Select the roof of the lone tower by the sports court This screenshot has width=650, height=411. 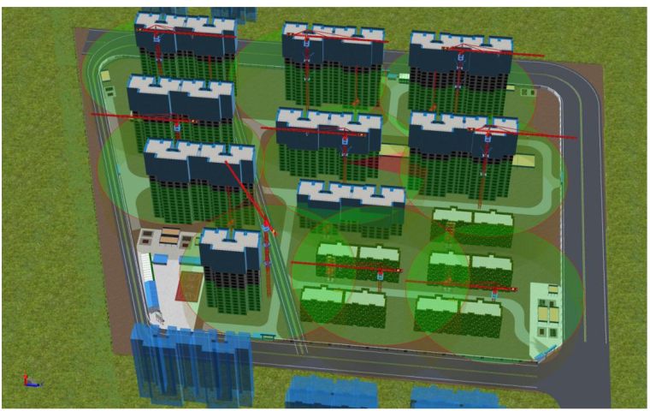[229, 242]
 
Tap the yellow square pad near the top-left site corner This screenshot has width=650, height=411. [106, 76]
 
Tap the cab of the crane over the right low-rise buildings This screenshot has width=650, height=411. [497, 288]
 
